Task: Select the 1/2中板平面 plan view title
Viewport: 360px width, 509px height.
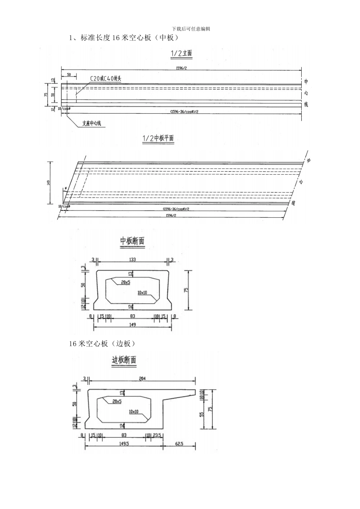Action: pyautogui.click(x=158, y=139)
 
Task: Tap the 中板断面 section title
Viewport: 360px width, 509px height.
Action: pyautogui.click(x=132, y=240)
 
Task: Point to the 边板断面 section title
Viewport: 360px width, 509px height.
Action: pyautogui.click(x=124, y=360)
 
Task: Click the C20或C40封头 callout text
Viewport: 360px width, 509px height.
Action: pyautogui.click(x=106, y=79)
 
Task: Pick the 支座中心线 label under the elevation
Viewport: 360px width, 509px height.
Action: pyautogui.click(x=92, y=123)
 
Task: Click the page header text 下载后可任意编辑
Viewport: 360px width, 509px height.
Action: pyautogui.click(x=191, y=29)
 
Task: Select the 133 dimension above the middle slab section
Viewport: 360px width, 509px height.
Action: pyautogui.click(x=132, y=259)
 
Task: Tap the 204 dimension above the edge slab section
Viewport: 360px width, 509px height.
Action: pyautogui.click(x=142, y=378)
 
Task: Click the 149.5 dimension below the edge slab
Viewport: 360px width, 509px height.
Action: pyautogui.click(x=124, y=444)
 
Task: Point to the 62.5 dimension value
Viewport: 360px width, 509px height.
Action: pyautogui.click(x=179, y=444)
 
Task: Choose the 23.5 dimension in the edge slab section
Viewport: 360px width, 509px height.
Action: pyautogui.click(x=158, y=436)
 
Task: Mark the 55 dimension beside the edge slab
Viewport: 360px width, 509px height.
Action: pyautogui.click(x=202, y=414)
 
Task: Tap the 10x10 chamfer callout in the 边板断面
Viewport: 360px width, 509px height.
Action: pyautogui.click(x=133, y=411)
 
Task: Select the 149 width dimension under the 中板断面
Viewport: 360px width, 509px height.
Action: pyautogui.click(x=132, y=325)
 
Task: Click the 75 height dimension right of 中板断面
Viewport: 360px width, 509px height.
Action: pyautogui.click(x=186, y=290)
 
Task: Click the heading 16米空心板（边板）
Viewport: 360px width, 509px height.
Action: pyautogui.click(x=102, y=343)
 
